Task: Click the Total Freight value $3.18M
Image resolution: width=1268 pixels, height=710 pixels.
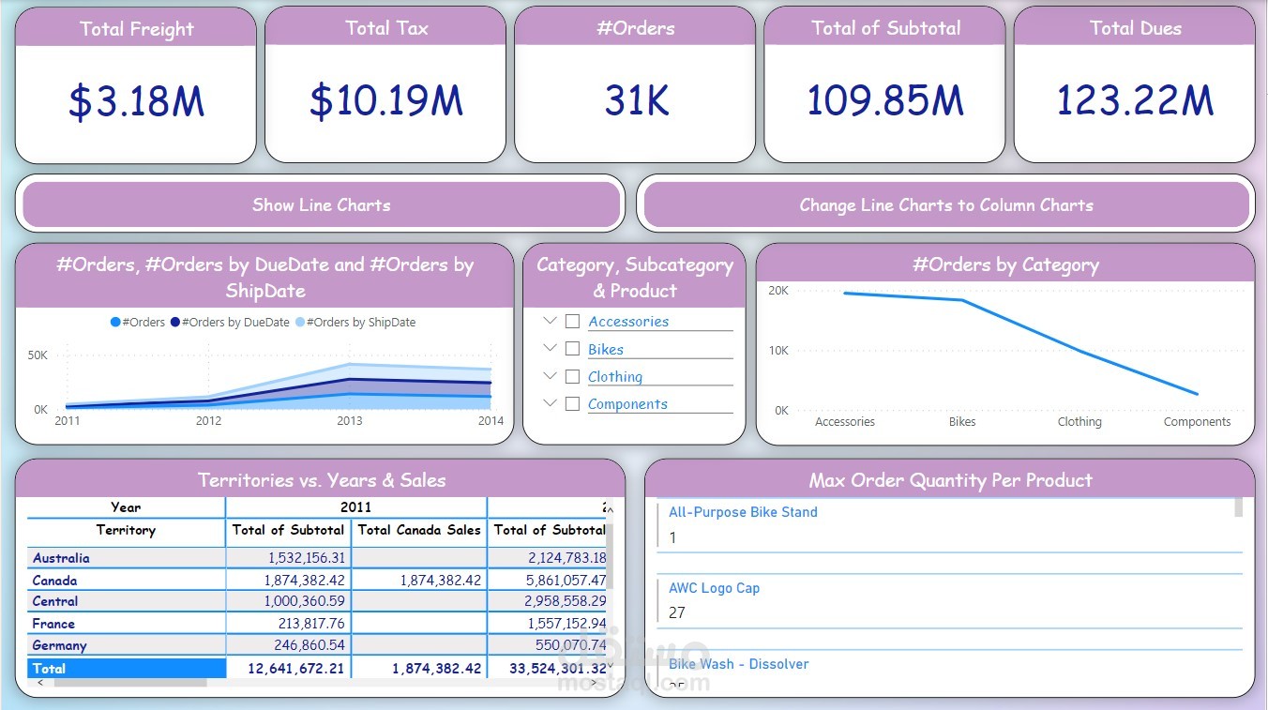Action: [x=136, y=102]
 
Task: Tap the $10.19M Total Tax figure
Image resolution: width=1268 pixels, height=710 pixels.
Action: [x=385, y=102]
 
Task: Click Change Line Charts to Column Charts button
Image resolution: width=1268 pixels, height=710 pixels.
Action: [x=946, y=205]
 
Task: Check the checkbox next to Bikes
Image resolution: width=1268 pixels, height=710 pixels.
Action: [x=572, y=349]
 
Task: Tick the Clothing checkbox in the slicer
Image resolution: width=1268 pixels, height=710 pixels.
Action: [x=572, y=376]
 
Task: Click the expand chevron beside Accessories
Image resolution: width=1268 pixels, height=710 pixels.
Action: [x=551, y=321]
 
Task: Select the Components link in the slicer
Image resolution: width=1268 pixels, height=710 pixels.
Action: [x=627, y=404]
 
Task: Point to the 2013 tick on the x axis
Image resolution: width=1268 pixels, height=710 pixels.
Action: [x=350, y=421]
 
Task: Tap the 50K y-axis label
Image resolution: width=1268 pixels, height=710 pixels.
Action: [x=38, y=355]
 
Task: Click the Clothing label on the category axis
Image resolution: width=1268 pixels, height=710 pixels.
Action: [x=1079, y=422]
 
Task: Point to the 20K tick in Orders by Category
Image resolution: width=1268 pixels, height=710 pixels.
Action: [x=778, y=291]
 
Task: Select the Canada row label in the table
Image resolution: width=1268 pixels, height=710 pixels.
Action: [x=54, y=581]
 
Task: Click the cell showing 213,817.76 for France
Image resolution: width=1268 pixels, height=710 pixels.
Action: [x=305, y=624]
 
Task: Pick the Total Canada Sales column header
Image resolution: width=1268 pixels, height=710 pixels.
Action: [x=419, y=530]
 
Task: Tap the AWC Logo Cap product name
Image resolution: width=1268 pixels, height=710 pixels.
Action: [x=714, y=588]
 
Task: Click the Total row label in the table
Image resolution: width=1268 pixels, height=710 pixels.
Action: [x=49, y=669]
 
